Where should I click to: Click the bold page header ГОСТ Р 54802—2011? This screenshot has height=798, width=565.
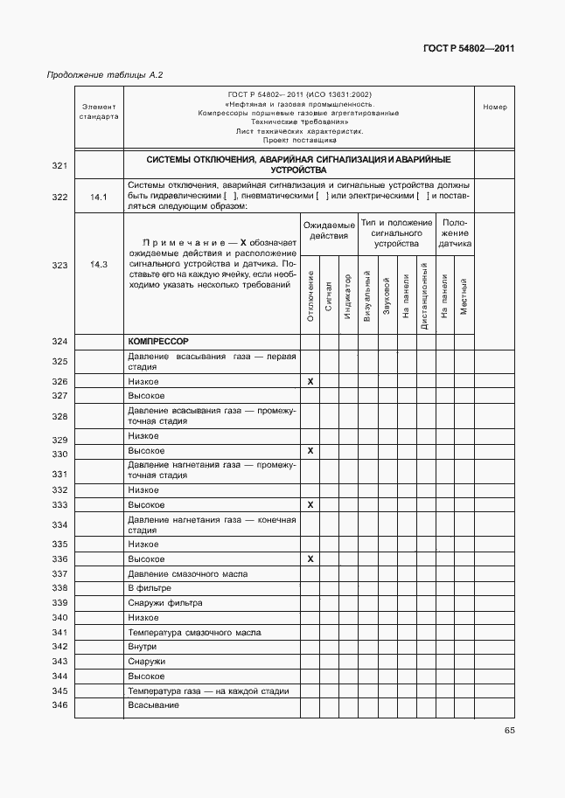click(x=468, y=49)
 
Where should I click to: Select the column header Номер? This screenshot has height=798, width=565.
click(x=494, y=108)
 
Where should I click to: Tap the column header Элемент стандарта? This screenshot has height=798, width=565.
click(x=99, y=111)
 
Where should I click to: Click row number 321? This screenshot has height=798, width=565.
click(x=59, y=165)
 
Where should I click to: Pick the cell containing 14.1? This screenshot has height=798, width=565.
click(x=99, y=197)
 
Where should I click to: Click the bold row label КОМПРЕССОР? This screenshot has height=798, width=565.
click(x=158, y=341)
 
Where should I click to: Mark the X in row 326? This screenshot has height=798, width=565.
click(x=310, y=382)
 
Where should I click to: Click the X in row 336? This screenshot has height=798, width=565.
click(x=310, y=559)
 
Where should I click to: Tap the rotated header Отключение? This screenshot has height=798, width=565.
click(x=310, y=297)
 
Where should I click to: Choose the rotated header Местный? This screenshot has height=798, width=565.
click(x=464, y=298)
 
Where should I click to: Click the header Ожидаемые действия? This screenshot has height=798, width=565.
click(x=330, y=231)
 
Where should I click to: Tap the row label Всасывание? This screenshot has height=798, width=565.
click(x=153, y=704)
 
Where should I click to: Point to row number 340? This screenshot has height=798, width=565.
click(x=59, y=618)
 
